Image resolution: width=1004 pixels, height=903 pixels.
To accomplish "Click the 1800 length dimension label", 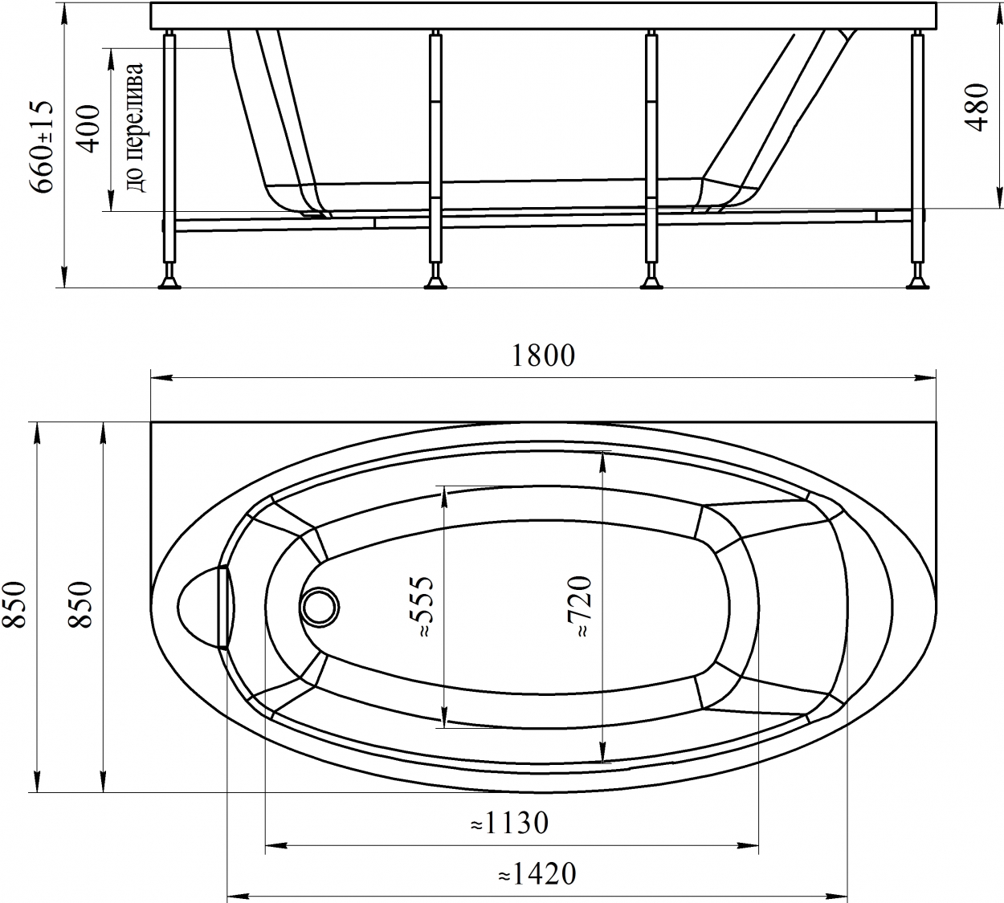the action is pyautogui.click(x=543, y=356).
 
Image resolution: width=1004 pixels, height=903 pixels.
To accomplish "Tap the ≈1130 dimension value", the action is pyautogui.click(x=509, y=823).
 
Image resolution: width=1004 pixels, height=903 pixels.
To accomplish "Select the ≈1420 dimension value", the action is pyautogui.click(x=537, y=873).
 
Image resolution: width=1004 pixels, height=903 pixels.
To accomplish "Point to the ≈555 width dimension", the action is pyautogui.click(x=420, y=607).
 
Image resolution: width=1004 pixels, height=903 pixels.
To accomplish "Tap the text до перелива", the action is pyautogui.click(x=136, y=128).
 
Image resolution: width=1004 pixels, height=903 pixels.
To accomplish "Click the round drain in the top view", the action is pyautogui.click(x=320, y=608).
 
